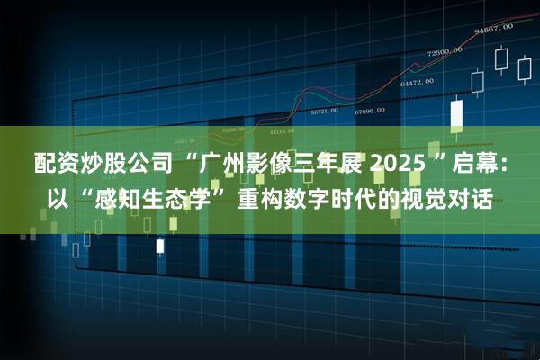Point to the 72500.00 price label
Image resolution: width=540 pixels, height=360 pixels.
coord(444,53)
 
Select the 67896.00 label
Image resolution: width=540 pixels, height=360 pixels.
coord(369,111)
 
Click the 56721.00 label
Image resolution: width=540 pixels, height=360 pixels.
coord(324,112)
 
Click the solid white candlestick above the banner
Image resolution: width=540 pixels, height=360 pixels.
coord(456,113)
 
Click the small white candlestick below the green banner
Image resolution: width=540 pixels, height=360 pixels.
coord(160,245)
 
